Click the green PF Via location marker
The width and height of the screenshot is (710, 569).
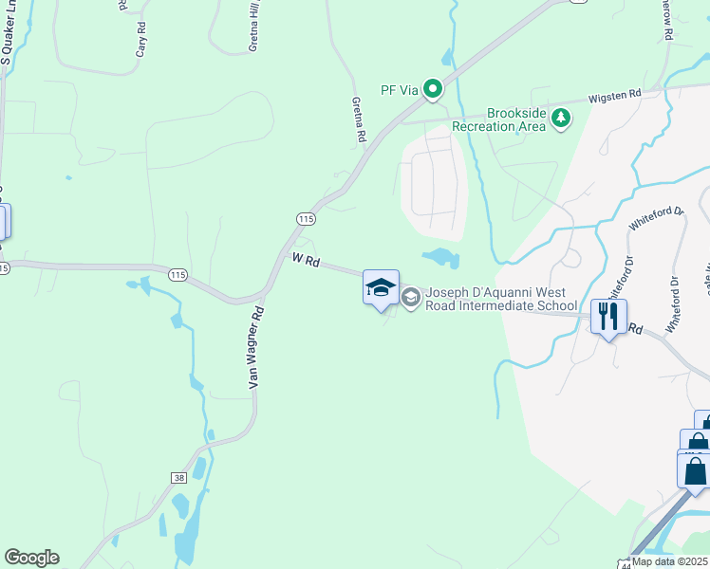coord(433,90)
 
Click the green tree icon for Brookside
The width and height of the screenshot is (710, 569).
coord(563,118)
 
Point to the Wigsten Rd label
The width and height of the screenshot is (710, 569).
coord(615,95)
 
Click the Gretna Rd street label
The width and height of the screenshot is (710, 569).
coord(359,120)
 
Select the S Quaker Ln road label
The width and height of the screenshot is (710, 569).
coord(5,36)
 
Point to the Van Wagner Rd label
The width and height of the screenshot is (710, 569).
coord(253,347)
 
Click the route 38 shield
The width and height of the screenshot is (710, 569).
coord(152,478)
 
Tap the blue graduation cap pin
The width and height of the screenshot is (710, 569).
coord(381,287)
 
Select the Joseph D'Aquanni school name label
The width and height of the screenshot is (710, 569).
coord(501,299)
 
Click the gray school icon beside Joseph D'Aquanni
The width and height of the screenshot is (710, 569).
coord(410,299)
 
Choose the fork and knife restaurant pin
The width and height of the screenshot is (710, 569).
coord(608,315)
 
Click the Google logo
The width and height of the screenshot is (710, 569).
coord(31,558)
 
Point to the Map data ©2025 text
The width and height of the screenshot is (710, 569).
coord(670,561)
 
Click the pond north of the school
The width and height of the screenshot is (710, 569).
coord(439,257)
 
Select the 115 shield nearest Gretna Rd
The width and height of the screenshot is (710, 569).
coord(305,219)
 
